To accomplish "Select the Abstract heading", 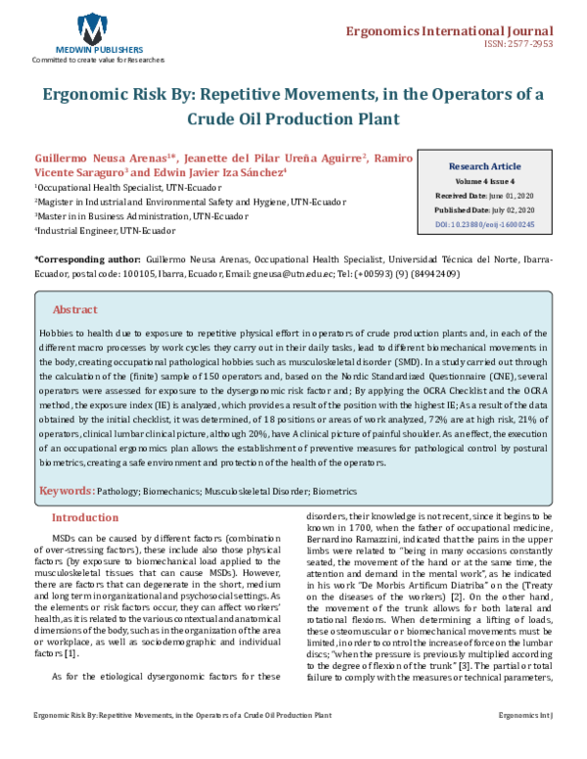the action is pos(74,309).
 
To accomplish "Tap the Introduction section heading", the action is pos(84,517).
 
